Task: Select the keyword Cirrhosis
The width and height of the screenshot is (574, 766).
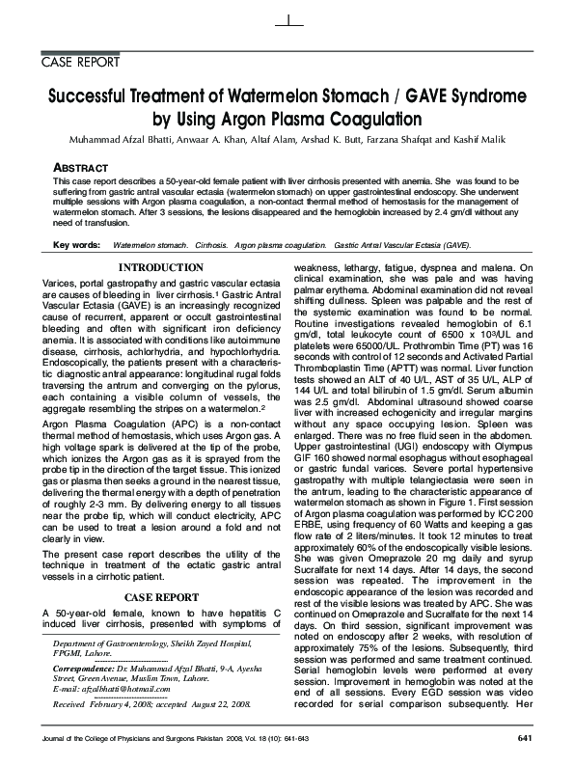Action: click(211, 246)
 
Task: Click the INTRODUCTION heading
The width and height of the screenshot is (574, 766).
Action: click(160, 267)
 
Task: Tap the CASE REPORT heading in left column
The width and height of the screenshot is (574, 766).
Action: click(160, 569)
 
